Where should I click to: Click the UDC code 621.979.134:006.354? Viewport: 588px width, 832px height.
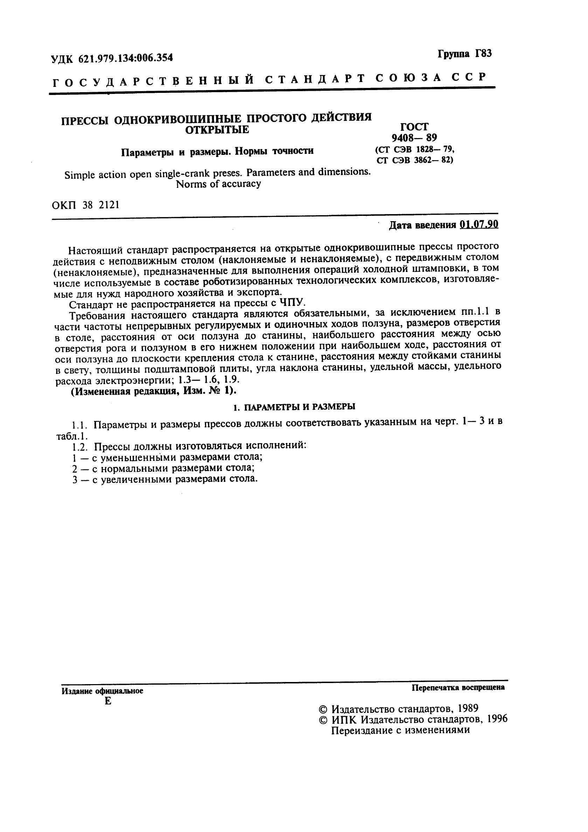[126, 58]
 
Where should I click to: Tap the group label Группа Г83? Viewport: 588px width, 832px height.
[465, 54]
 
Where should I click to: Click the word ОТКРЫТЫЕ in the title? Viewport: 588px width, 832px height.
[217, 130]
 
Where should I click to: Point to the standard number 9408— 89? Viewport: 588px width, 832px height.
[414, 138]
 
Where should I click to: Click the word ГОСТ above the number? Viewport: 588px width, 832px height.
[414, 127]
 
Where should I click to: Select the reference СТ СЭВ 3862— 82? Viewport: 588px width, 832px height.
[414, 160]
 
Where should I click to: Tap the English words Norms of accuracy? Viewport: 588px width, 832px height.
[218, 184]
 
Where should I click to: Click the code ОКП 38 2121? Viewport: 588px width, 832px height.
[85, 205]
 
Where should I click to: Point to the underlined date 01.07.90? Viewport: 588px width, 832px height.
[479, 225]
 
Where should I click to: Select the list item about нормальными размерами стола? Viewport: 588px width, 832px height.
[163, 468]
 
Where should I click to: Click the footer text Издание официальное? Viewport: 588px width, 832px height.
[103, 691]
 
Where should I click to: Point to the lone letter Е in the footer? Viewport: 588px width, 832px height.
[108, 702]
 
